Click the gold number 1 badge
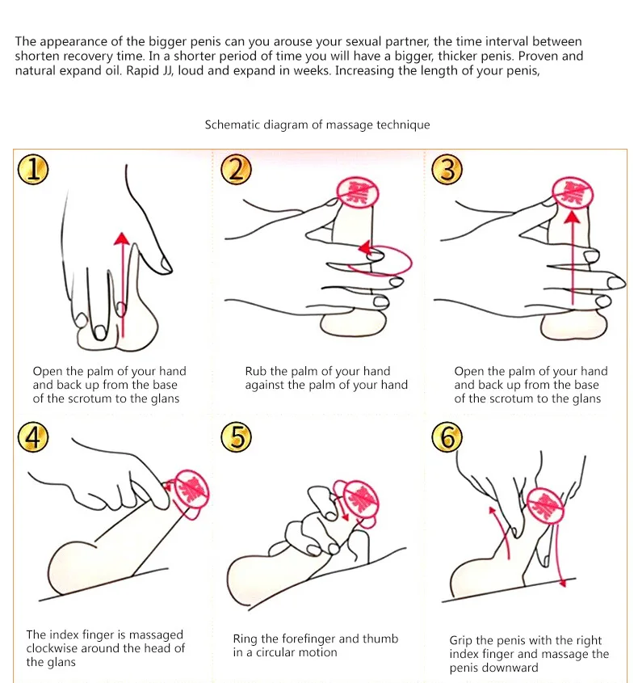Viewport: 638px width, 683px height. coord(33,169)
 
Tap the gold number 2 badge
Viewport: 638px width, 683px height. coord(236,169)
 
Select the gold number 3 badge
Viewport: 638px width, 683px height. coord(447,169)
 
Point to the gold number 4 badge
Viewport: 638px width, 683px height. coord(33,437)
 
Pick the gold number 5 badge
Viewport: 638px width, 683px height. coord(236,437)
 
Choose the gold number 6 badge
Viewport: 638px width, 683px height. coord(447,437)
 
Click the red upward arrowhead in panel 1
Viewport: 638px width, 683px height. coord(122,238)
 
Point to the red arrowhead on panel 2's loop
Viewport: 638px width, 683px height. coord(365,247)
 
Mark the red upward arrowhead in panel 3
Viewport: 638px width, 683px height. coord(572,217)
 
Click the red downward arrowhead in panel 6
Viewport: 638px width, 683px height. coord(563,583)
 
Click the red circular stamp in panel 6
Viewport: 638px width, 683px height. coord(545,506)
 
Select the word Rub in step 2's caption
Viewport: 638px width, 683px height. coord(255,371)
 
